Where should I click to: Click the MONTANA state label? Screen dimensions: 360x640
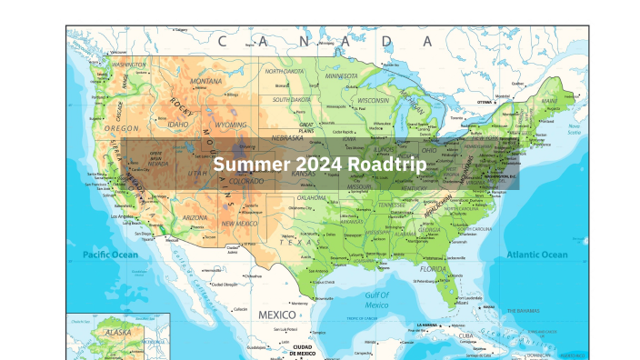pyautogui.click(x=206, y=81)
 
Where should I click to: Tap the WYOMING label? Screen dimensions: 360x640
pyautogui.click(x=230, y=123)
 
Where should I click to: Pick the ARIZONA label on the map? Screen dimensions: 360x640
pyautogui.click(x=194, y=218)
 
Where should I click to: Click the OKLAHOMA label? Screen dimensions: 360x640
pyautogui.click(x=311, y=197)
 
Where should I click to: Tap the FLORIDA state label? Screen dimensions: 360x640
pyautogui.click(x=433, y=269)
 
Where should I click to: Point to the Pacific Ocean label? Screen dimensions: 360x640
pyautogui.click(x=110, y=255)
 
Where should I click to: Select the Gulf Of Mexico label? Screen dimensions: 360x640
pyautogui.click(x=377, y=299)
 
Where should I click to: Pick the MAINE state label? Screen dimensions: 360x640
pyautogui.click(x=549, y=101)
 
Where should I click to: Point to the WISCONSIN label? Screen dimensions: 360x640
pyautogui.click(x=373, y=100)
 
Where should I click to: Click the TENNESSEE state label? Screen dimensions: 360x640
pyautogui.click(x=392, y=205)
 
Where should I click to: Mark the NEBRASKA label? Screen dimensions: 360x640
pyautogui.click(x=287, y=138)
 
